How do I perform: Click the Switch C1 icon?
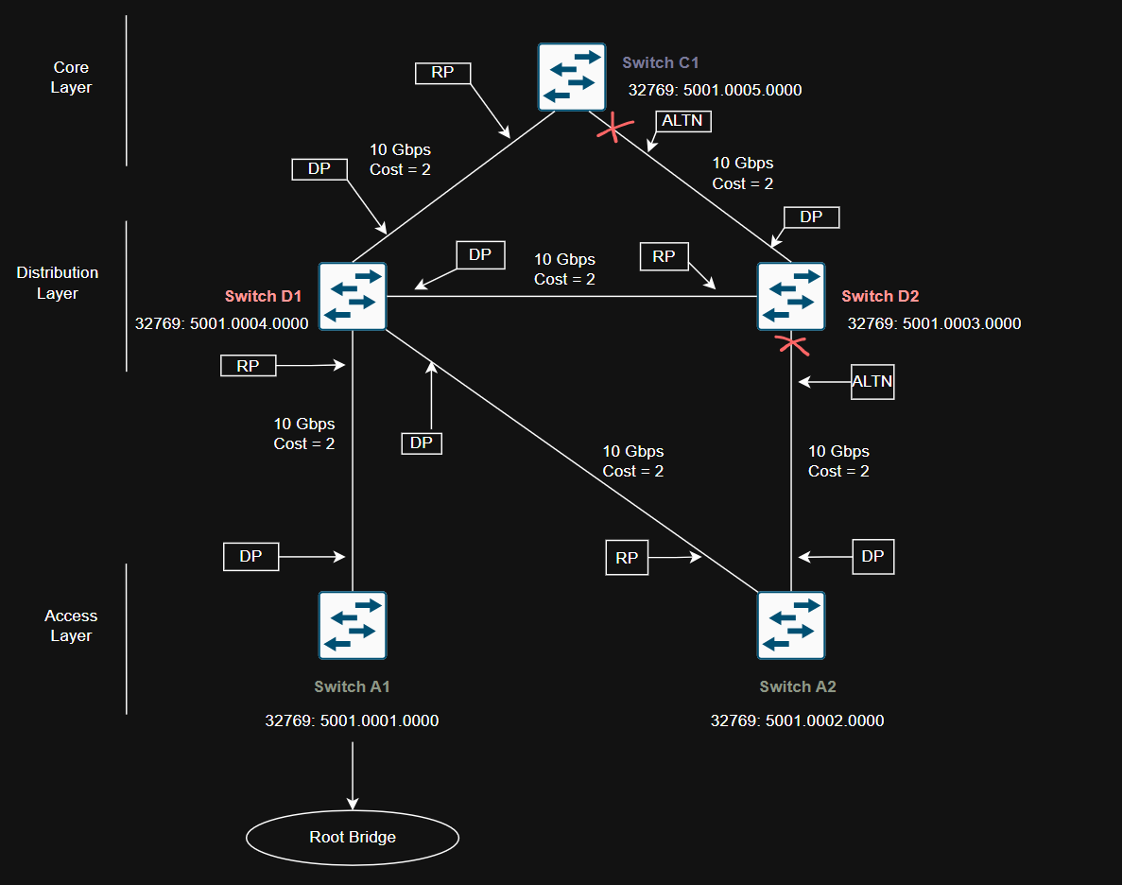pyautogui.click(x=572, y=77)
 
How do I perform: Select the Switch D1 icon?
pyautogui.click(x=353, y=296)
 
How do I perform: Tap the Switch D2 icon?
pyautogui.click(x=791, y=296)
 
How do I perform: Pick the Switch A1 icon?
pyautogui.click(x=353, y=625)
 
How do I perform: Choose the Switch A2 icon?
pyautogui.click(x=791, y=625)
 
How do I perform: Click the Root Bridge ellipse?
pyautogui.click(x=353, y=837)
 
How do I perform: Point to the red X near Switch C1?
pyautogui.click(x=614, y=127)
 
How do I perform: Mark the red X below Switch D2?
pyautogui.click(x=792, y=345)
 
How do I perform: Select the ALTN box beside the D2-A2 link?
pyautogui.click(x=872, y=381)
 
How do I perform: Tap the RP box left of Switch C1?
pyautogui.click(x=442, y=73)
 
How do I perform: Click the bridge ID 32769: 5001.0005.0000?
pyautogui.click(x=715, y=91)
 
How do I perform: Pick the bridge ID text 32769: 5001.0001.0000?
pyautogui.click(x=352, y=720)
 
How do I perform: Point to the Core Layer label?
pyautogui.click(x=71, y=78)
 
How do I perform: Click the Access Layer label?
pyautogui.click(x=71, y=625)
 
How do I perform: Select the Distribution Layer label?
pyautogui.click(x=58, y=283)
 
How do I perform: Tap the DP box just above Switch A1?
pyautogui.click(x=250, y=556)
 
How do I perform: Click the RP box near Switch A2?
pyautogui.click(x=627, y=558)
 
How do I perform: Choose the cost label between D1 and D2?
pyautogui.click(x=564, y=269)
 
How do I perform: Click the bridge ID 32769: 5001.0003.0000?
pyautogui.click(x=934, y=323)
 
